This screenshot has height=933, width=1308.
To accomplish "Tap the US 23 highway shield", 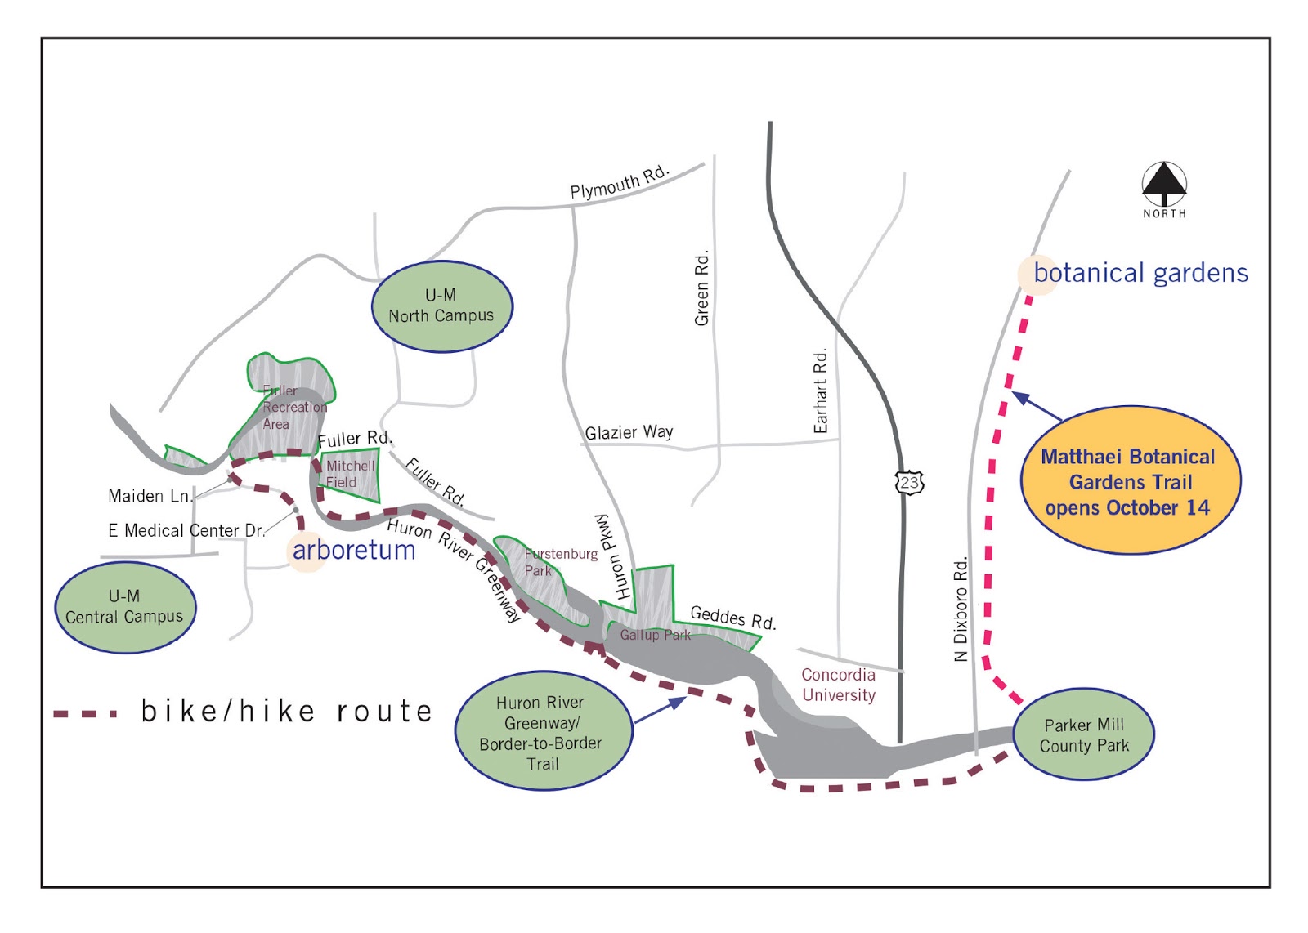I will pyautogui.click(x=909, y=482).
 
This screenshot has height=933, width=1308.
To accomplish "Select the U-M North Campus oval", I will pyautogui.click(x=441, y=306).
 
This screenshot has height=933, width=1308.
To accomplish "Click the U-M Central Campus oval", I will pyautogui.click(x=125, y=607).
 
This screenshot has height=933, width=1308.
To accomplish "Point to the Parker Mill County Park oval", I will pyautogui.click(x=1084, y=735).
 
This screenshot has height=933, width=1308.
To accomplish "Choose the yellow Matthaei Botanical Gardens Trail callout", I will pyautogui.click(x=1130, y=481).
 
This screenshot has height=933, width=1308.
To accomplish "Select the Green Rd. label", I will pyautogui.click(x=701, y=288).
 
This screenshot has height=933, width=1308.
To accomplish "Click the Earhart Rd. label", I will pyautogui.click(x=821, y=391).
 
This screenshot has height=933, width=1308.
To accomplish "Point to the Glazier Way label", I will pyautogui.click(x=629, y=432).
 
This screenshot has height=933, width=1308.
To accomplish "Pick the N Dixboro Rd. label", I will pyautogui.click(x=961, y=609).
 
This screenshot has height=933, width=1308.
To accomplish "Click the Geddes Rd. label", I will pyautogui.click(x=732, y=618).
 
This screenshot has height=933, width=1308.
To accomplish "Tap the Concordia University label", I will pyautogui.click(x=838, y=685).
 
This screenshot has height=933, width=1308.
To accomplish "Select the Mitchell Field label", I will pyautogui.click(x=350, y=474).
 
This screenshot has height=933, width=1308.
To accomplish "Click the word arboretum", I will pyautogui.click(x=354, y=551).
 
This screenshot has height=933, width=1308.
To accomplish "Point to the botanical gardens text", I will pyautogui.click(x=1140, y=273).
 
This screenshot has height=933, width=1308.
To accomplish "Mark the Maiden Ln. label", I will pyautogui.click(x=150, y=496).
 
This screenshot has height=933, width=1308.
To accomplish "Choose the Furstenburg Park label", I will pyautogui.click(x=559, y=562).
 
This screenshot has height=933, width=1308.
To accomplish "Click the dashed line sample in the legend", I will pyautogui.click(x=86, y=713).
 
